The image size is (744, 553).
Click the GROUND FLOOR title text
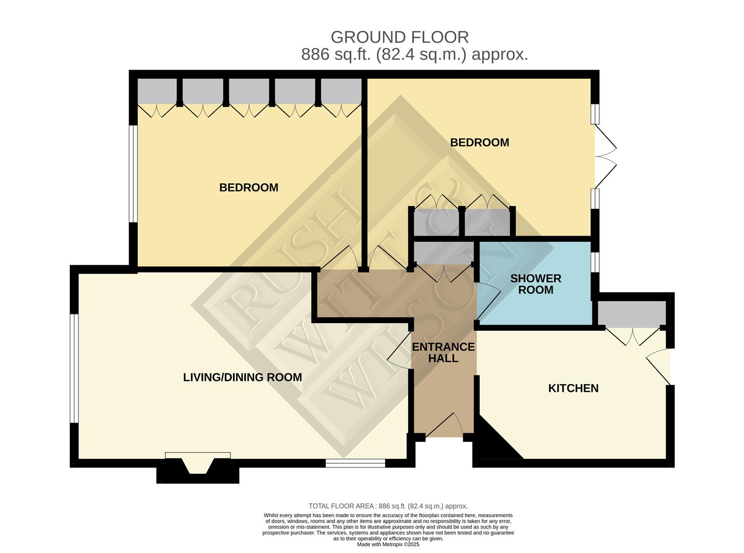pyautogui.click(x=399, y=37)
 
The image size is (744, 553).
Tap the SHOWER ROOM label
pyautogui.click(x=536, y=284)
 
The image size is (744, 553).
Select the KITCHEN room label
pyautogui.click(x=573, y=388)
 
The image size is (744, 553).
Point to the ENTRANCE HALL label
pyautogui.click(x=443, y=352)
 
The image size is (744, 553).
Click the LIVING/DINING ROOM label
pyautogui.click(x=242, y=377)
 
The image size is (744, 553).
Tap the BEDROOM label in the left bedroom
pyautogui.click(x=248, y=187)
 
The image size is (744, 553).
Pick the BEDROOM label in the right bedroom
pyautogui.click(x=479, y=142)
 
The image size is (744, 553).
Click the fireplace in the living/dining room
pyautogui.click(x=198, y=466)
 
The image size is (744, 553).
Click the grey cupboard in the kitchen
pyautogui.click(x=631, y=313)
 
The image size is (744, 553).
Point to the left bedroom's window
pyautogui.click(x=133, y=174)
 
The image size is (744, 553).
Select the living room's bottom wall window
pyautogui.click(x=355, y=463)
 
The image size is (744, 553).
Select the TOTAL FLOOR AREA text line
pyautogui.click(x=388, y=506)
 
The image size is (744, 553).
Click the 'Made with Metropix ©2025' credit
pyautogui.click(x=388, y=544)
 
